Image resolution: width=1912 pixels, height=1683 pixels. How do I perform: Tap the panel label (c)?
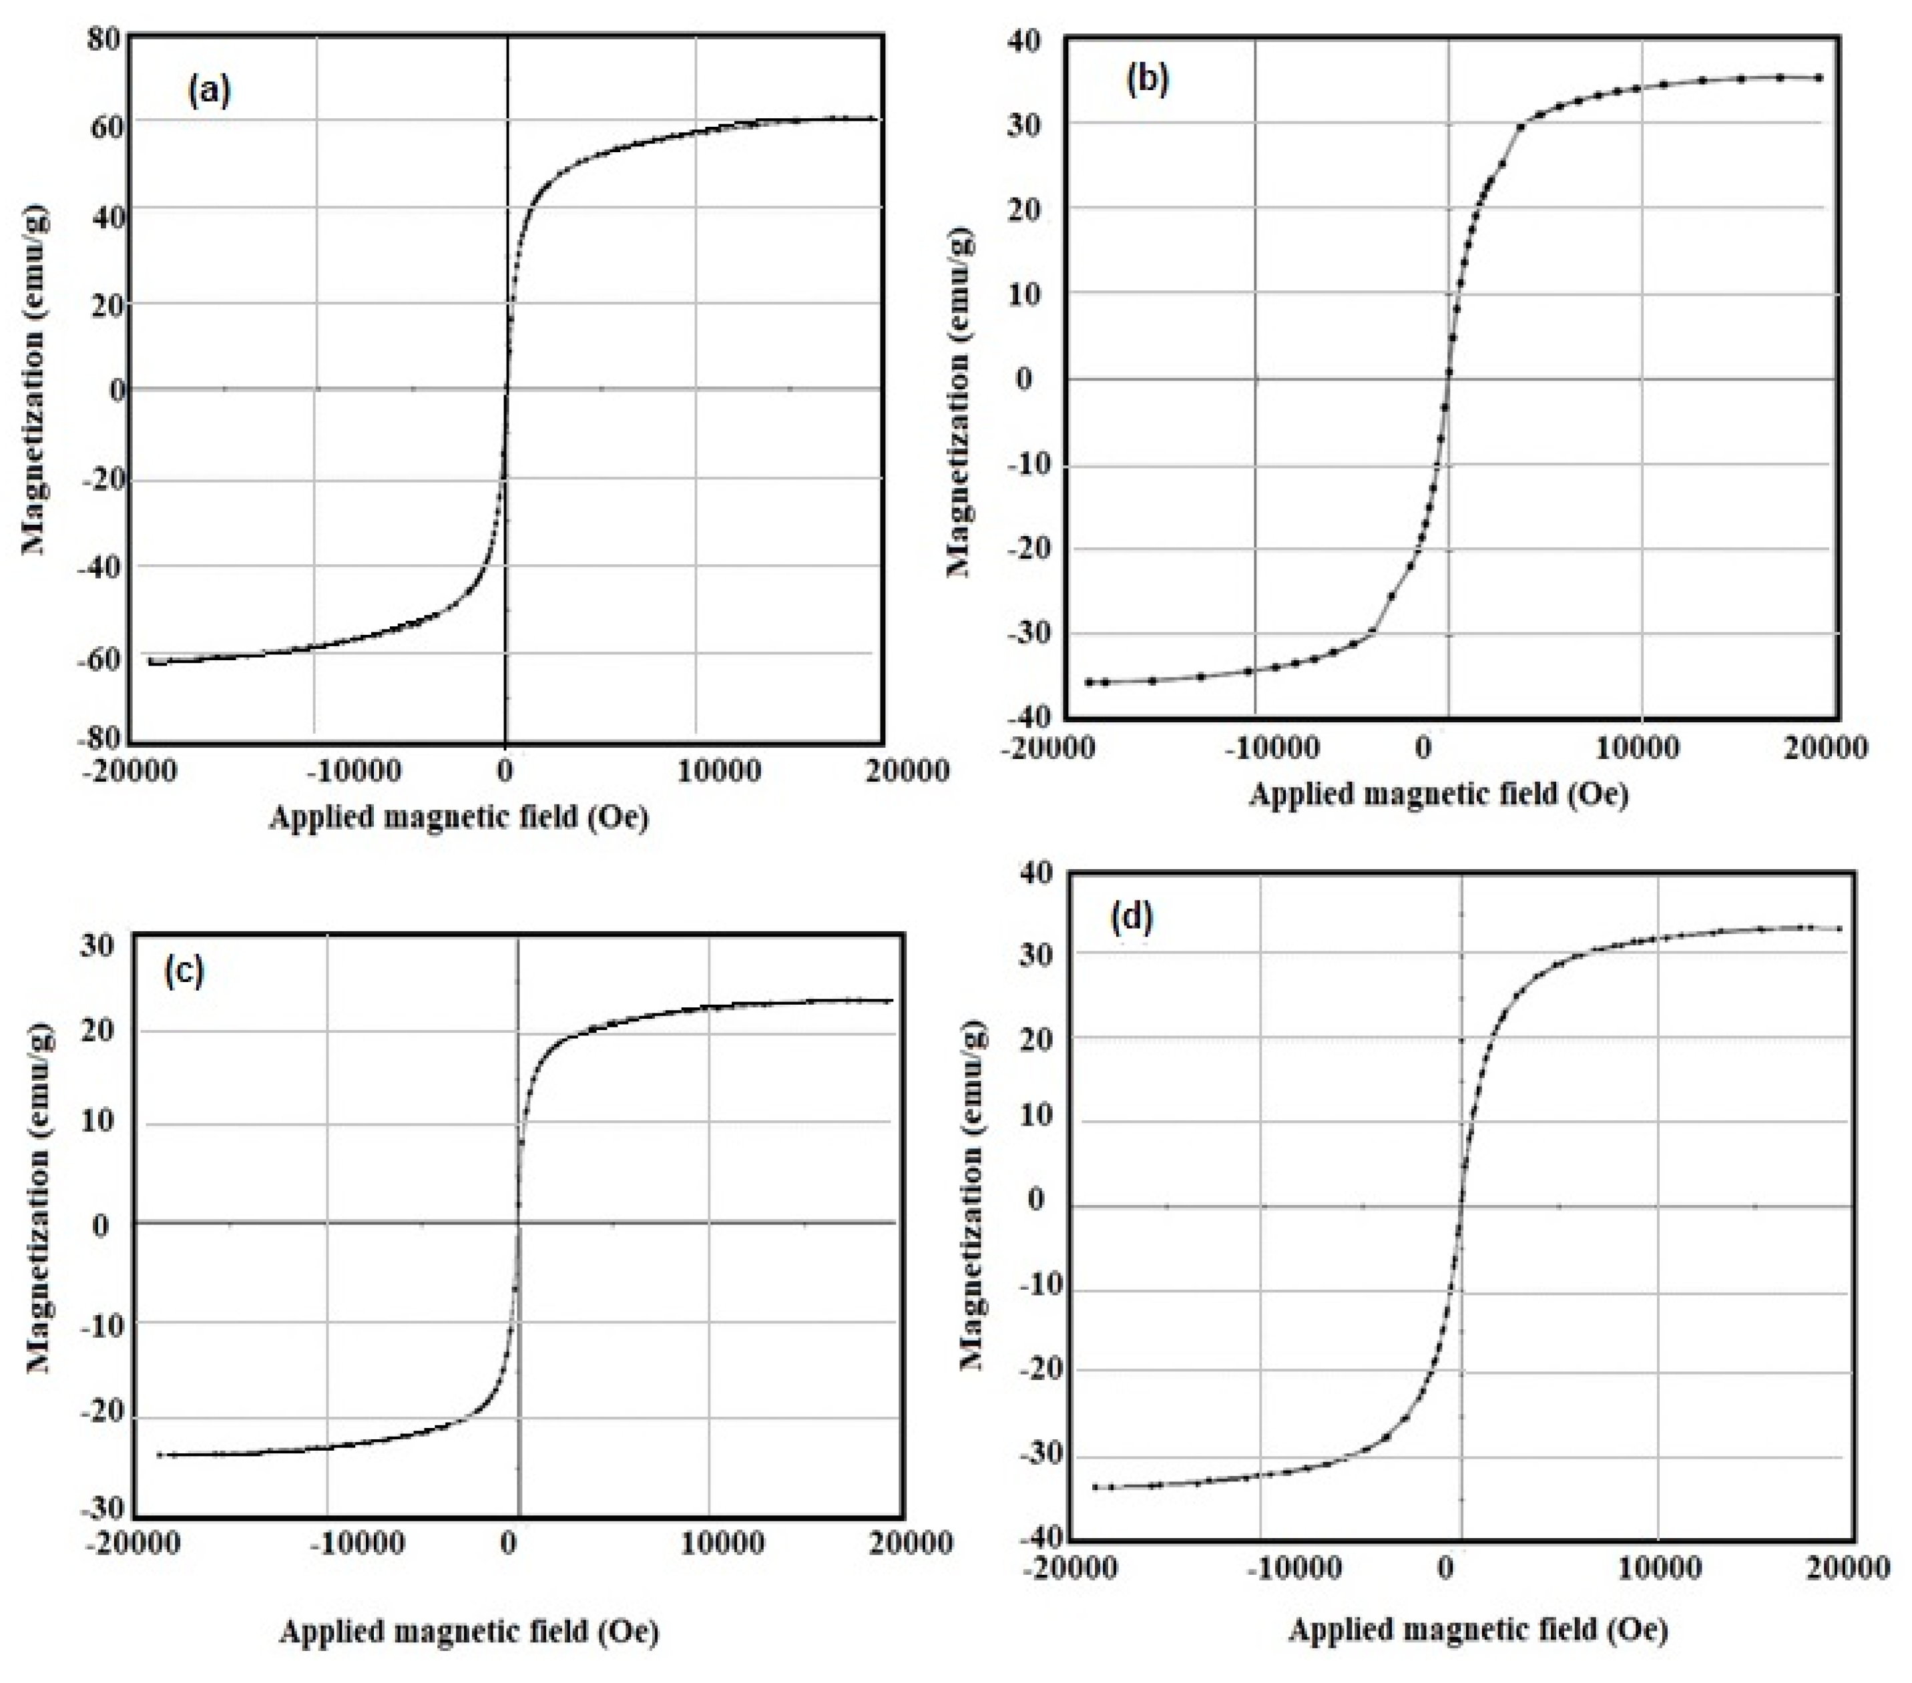184,971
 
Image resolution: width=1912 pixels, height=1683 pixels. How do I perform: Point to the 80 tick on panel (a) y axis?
104,40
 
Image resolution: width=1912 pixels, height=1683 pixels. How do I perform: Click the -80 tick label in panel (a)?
100,739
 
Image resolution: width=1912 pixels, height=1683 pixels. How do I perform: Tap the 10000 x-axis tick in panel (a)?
718,771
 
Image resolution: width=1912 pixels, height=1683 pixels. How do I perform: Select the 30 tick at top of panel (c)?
96,945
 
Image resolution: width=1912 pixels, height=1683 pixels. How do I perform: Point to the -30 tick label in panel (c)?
103,1508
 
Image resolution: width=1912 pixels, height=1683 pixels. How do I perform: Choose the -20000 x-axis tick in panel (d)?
1069,1567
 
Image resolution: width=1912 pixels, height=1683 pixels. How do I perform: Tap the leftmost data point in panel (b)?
1089,682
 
